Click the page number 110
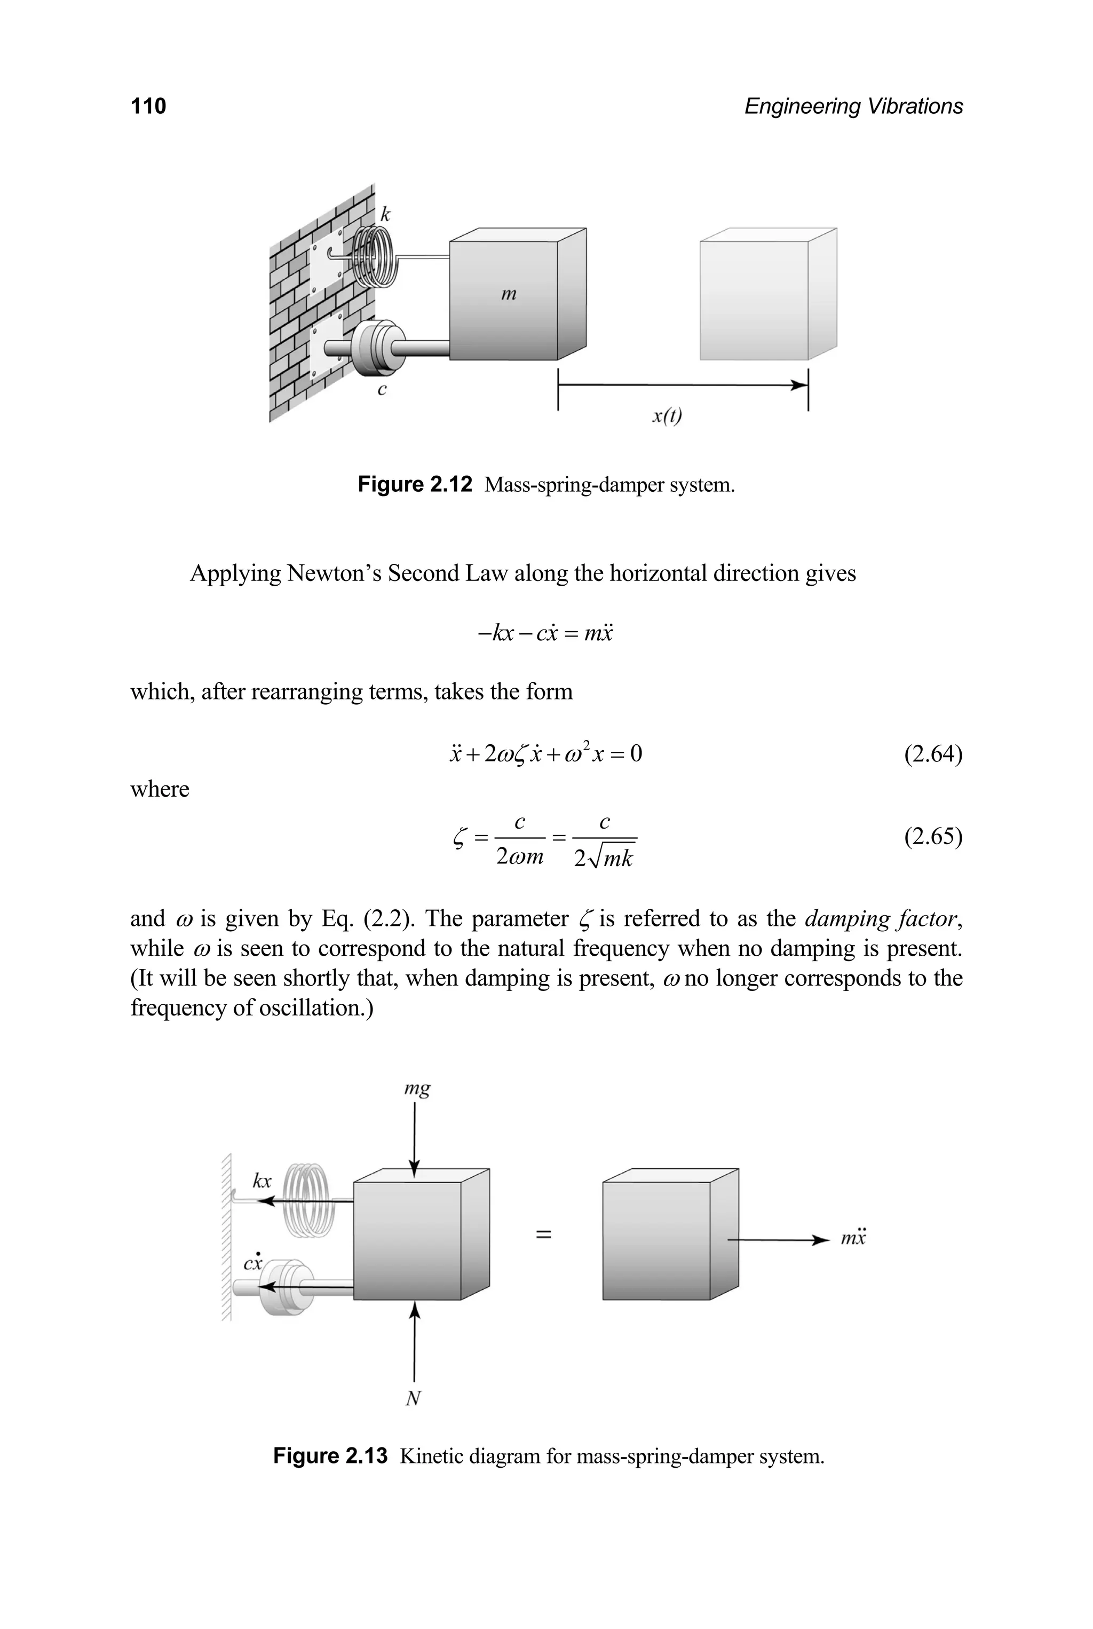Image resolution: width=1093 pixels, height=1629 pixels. (x=148, y=106)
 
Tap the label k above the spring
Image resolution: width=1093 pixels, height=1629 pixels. (x=385, y=214)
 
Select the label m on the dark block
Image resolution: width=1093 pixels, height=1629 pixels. (x=509, y=294)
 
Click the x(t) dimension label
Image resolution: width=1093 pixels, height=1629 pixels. (x=667, y=416)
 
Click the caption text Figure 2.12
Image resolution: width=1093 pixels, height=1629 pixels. (x=415, y=484)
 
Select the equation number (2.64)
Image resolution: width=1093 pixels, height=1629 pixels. (x=933, y=754)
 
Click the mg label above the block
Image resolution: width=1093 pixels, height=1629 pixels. (x=417, y=1089)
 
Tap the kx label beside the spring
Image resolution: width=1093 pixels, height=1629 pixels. (x=262, y=1181)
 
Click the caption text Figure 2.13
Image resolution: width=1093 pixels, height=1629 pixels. (x=330, y=1456)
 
